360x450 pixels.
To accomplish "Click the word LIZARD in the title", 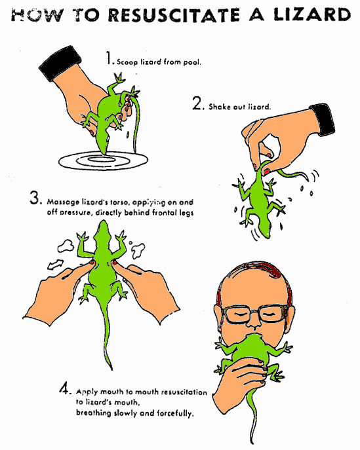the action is (x=311, y=14).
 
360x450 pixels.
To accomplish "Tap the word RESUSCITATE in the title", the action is (x=174, y=14).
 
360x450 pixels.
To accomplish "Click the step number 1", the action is (x=109, y=58).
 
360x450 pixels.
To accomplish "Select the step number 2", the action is (x=197, y=103).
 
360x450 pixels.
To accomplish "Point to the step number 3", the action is (x=35, y=198).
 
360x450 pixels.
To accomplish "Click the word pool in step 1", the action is (x=191, y=62).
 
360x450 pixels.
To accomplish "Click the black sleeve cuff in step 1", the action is (x=60, y=63).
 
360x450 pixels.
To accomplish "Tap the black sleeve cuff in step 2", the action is (x=323, y=119).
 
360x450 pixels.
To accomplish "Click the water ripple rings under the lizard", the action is (x=103, y=160).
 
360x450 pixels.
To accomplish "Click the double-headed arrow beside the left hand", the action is (x=56, y=265).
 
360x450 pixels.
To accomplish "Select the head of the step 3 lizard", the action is (x=103, y=231).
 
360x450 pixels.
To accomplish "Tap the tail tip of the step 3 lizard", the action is (x=111, y=368).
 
